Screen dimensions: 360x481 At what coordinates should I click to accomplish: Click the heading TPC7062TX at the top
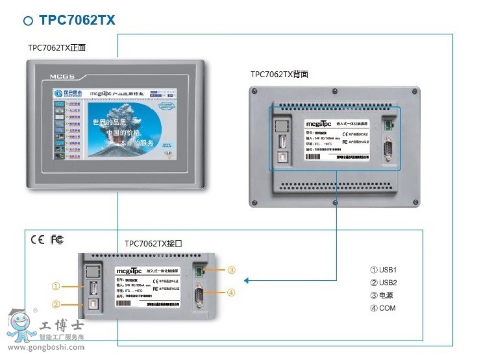(x=77, y=20)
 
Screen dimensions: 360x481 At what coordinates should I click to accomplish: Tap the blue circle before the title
(x=28, y=21)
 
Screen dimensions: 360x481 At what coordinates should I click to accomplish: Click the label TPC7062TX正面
(x=56, y=47)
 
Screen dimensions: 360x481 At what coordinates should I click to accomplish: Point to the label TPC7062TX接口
(x=153, y=244)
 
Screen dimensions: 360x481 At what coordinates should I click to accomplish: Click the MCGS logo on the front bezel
(x=60, y=76)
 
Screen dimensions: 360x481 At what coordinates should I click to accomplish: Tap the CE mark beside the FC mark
(x=37, y=239)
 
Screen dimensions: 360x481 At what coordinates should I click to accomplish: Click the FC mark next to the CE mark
(x=57, y=239)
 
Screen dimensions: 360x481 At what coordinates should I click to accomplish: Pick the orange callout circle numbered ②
(x=56, y=304)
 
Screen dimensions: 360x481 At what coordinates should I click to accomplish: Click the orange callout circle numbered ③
(x=232, y=270)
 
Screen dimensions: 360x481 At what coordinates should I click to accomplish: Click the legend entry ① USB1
(x=383, y=270)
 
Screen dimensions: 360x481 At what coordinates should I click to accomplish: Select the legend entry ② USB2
(x=383, y=282)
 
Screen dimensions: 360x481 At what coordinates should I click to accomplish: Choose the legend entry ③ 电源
(x=382, y=295)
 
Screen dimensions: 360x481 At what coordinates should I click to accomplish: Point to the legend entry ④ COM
(x=382, y=308)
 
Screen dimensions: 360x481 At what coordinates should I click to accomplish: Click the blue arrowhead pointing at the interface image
(x=247, y=281)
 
